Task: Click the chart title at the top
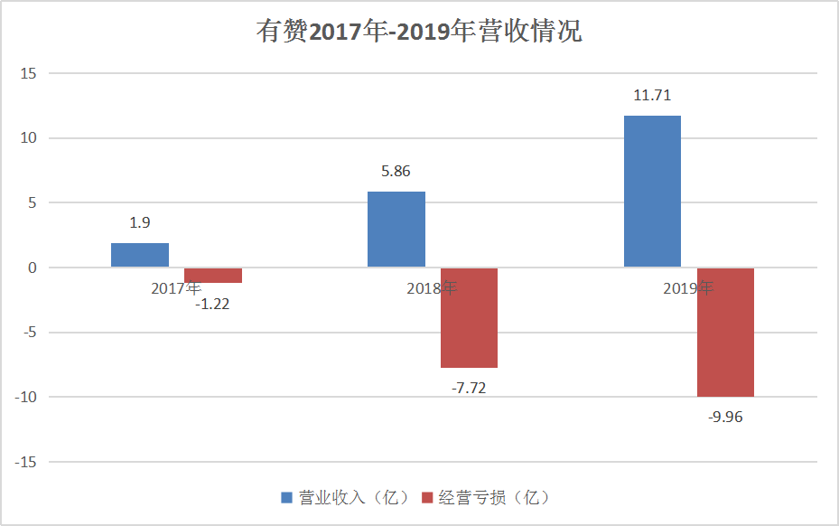tap(419, 31)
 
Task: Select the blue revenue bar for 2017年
tap(140, 255)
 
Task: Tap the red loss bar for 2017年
tap(213, 276)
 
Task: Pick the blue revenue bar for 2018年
tap(396, 230)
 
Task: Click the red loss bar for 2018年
tap(470, 317)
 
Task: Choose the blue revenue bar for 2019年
tap(652, 192)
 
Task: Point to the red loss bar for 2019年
tap(725, 332)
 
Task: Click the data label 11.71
tap(652, 95)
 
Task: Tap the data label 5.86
tap(396, 172)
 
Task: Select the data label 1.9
tap(140, 223)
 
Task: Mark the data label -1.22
tap(212, 305)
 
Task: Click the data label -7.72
tap(469, 388)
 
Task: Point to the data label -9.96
tap(725, 417)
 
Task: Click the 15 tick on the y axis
tap(28, 73)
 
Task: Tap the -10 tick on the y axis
tap(25, 397)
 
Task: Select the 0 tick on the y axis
tap(33, 268)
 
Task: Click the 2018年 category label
tap(432, 288)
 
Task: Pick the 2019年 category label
tap(688, 288)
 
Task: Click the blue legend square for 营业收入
tap(287, 498)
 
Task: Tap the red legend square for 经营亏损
tap(427, 498)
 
